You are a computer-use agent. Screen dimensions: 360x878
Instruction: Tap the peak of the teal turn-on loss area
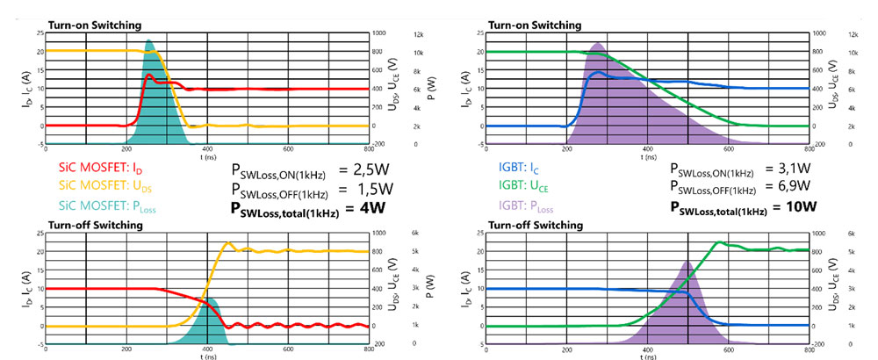pos(148,40)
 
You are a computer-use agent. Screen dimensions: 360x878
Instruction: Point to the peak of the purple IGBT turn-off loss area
pos(688,261)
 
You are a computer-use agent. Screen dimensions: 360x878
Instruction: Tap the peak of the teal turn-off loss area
pos(208,299)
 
